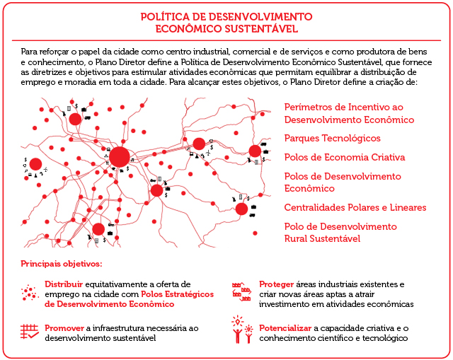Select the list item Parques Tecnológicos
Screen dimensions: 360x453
tap(332, 138)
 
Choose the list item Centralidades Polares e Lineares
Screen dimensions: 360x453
tap(355, 207)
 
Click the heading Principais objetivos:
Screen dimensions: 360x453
tap(62, 264)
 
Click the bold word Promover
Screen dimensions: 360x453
tap(64, 328)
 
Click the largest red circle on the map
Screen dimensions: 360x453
tap(120, 157)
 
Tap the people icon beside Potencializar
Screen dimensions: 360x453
tap(242, 331)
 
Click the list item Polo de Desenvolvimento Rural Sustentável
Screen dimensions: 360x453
tap(340, 233)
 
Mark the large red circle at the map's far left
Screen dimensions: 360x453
tap(35, 164)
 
